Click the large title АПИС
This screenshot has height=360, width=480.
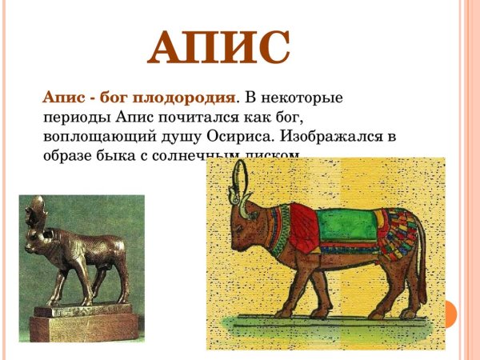218,47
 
